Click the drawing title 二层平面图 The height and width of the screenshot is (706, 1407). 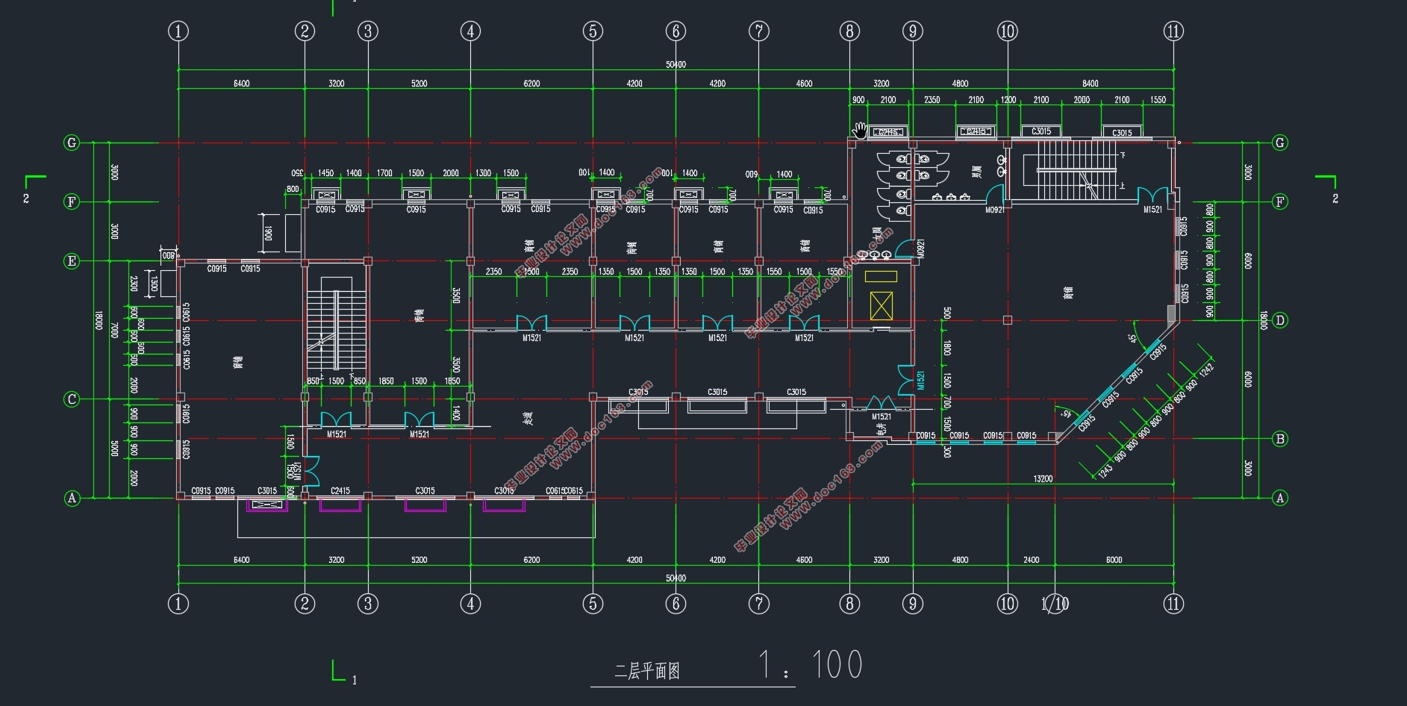click(x=646, y=671)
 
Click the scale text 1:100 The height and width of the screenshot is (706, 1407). click(x=810, y=664)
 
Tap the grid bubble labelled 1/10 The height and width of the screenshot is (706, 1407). click(x=1055, y=604)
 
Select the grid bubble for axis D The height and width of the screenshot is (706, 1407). click(x=1280, y=320)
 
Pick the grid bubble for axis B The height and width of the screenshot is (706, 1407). click(x=1280, y=439)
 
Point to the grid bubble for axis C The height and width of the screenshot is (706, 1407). click(x=72, y=399)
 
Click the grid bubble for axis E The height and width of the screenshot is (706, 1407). click(x=72, y=261)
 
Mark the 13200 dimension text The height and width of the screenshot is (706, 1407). click(x=1043, y=479)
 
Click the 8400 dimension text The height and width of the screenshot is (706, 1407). click(x=1091, y=84)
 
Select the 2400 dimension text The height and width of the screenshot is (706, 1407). click(x=1031, y=560)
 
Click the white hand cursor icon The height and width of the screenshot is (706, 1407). click(x=861, y=130)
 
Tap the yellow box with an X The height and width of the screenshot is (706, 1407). click(x=881, y=306)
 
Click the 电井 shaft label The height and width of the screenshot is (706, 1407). click(x=882, y=428)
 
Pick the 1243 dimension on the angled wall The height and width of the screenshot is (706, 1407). click(x=1105, y=469)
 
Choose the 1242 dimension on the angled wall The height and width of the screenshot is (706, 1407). click(x=1206, y=370)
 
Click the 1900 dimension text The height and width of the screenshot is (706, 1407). click(x=267, y=233)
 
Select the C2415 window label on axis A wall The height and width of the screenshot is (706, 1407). click(x=340, y=491)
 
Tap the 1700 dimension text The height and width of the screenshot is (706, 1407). click(x=384, y=173)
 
